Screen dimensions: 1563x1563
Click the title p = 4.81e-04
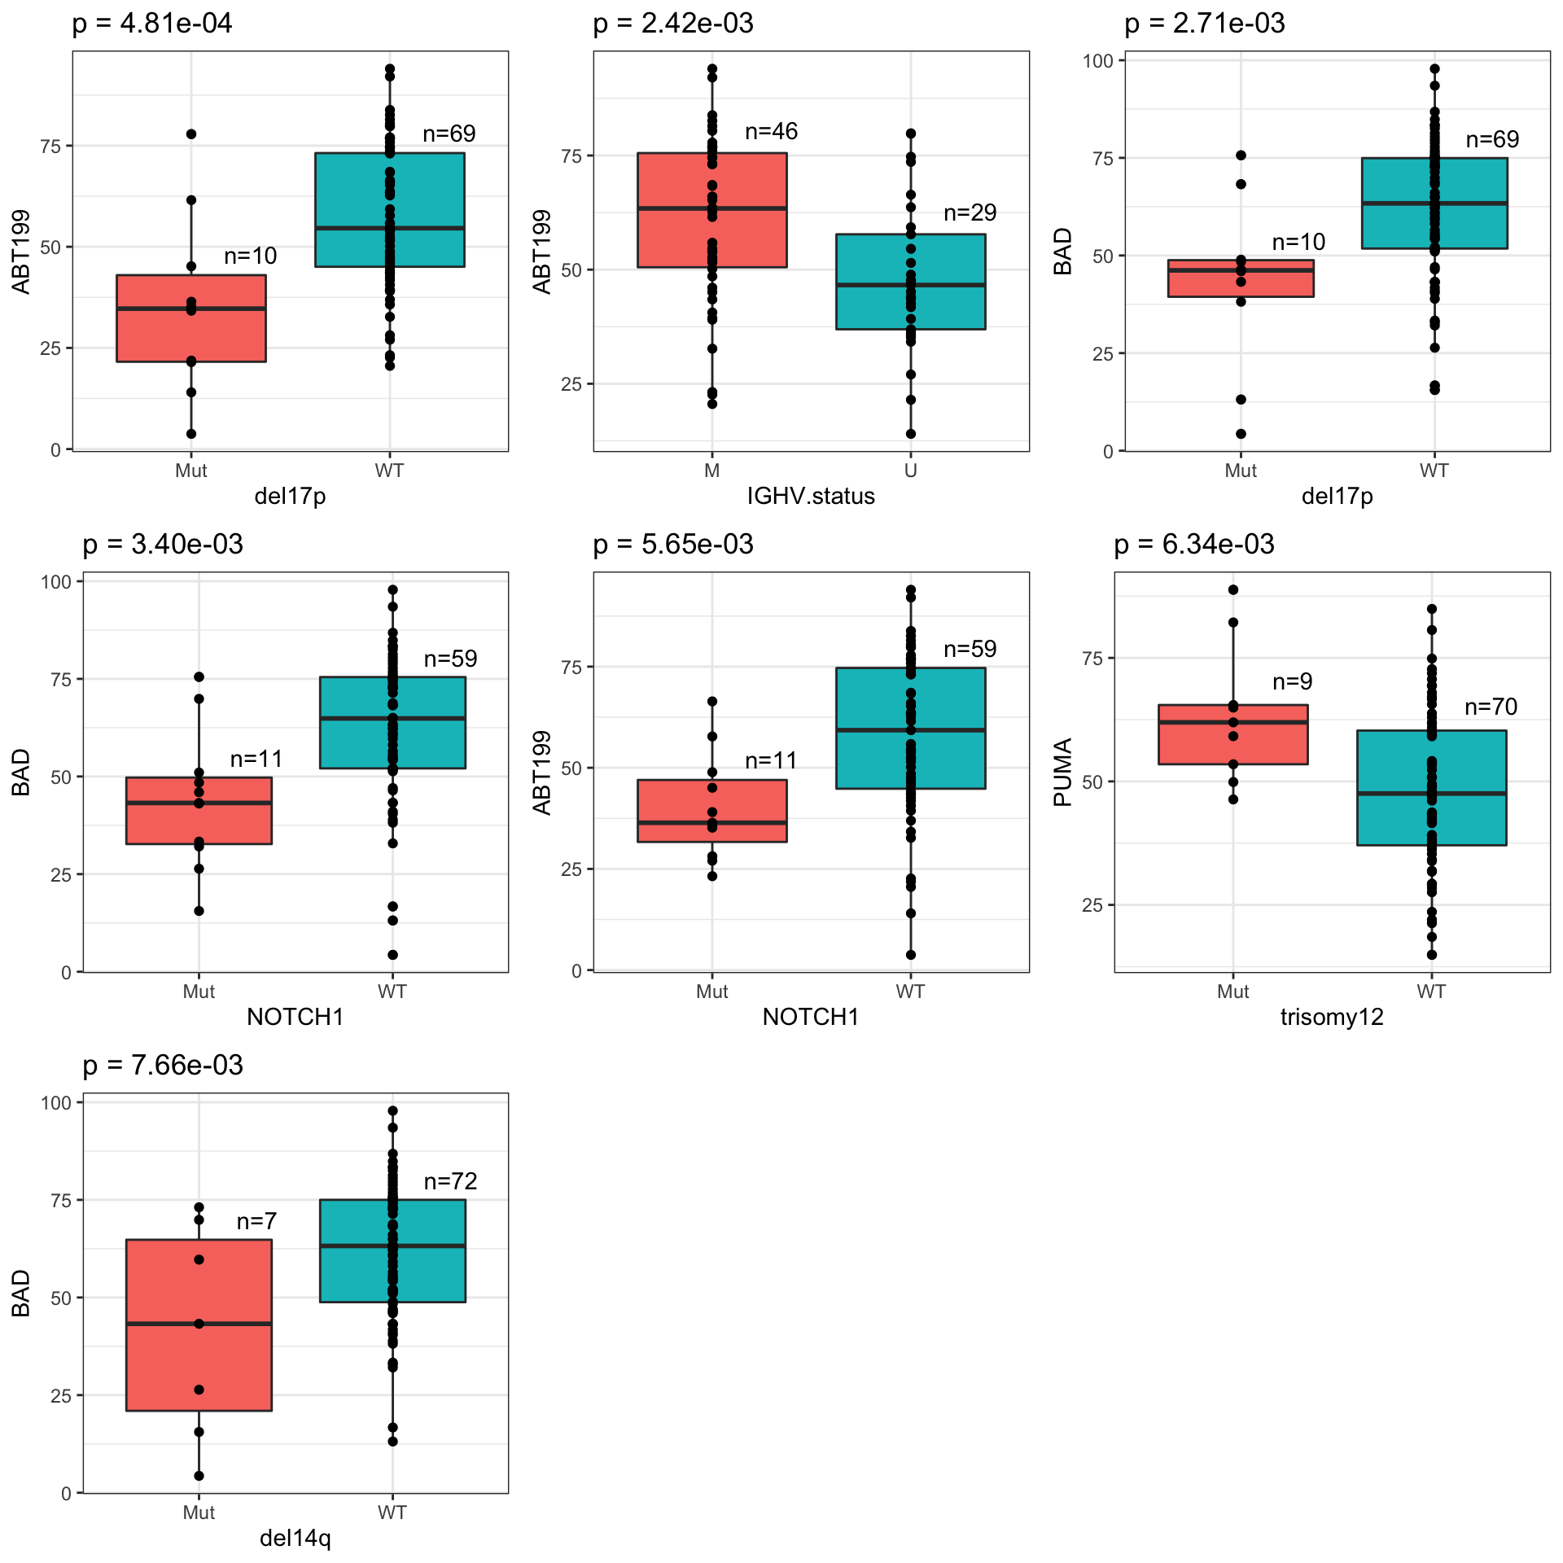tap(152, 24)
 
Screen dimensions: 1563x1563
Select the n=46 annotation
tap(771, 132)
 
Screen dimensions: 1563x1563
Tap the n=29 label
tap(970, 213)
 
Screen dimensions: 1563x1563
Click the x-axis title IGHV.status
tap(811, 497)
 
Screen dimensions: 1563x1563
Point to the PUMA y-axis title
tap(1063, 772)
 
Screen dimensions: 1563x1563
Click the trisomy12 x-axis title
tap(1332, 1018)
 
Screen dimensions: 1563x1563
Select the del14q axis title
tap(296, 1539)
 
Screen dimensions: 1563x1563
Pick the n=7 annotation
tap(256, 1221)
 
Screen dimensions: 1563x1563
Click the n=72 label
tap(450, 1181)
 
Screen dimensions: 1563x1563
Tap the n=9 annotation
tap(1293, 682)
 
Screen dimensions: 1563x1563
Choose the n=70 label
tap(1491, 707)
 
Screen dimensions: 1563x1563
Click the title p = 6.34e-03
tap(1194, 545)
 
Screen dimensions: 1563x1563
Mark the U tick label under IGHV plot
tap(910, 471)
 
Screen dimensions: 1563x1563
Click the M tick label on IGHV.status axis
tap(712, 471)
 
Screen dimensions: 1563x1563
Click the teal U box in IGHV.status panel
tap(910, 282)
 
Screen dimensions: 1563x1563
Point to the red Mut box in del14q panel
tap(199, 1325)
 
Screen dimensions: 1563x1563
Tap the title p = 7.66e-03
tap(163, 1066)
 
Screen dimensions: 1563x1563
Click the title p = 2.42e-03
tap(673, 24)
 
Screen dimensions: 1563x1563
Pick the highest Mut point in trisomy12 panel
tap(1233, 590)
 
